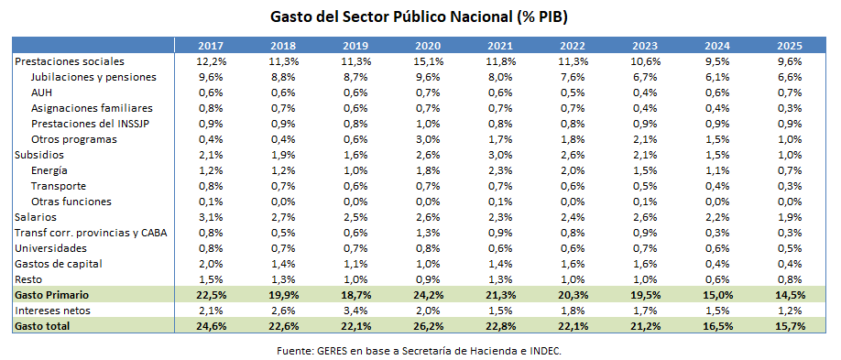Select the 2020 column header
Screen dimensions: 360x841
click(x=427, y=46)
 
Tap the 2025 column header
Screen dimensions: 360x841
click(x=789, y=46)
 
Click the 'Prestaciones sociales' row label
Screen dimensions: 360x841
click(x=69, y=61)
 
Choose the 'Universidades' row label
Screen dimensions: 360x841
click(x=50, y=247)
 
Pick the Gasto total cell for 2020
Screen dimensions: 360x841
click(x=427, y=326)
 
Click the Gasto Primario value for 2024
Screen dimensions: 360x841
click(x=716, y=295)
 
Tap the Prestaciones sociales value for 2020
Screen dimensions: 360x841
click(x=427, y=61)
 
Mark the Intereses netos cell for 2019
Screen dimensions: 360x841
click(x=355, y=311)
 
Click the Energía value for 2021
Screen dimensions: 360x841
click(x=499, y=170)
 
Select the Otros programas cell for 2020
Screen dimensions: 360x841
click(x=427, y=139)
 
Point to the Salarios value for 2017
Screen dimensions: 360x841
click(x=210, y=217)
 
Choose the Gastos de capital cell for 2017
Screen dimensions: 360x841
click(x=210, y=263)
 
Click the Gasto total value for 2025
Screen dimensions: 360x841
click(x=789, y=326)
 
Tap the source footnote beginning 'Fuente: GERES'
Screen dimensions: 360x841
click(x=420, y=351)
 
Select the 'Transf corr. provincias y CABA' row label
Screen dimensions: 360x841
click(x=91, y=232)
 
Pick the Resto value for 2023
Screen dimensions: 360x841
click(x=644, y=278)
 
